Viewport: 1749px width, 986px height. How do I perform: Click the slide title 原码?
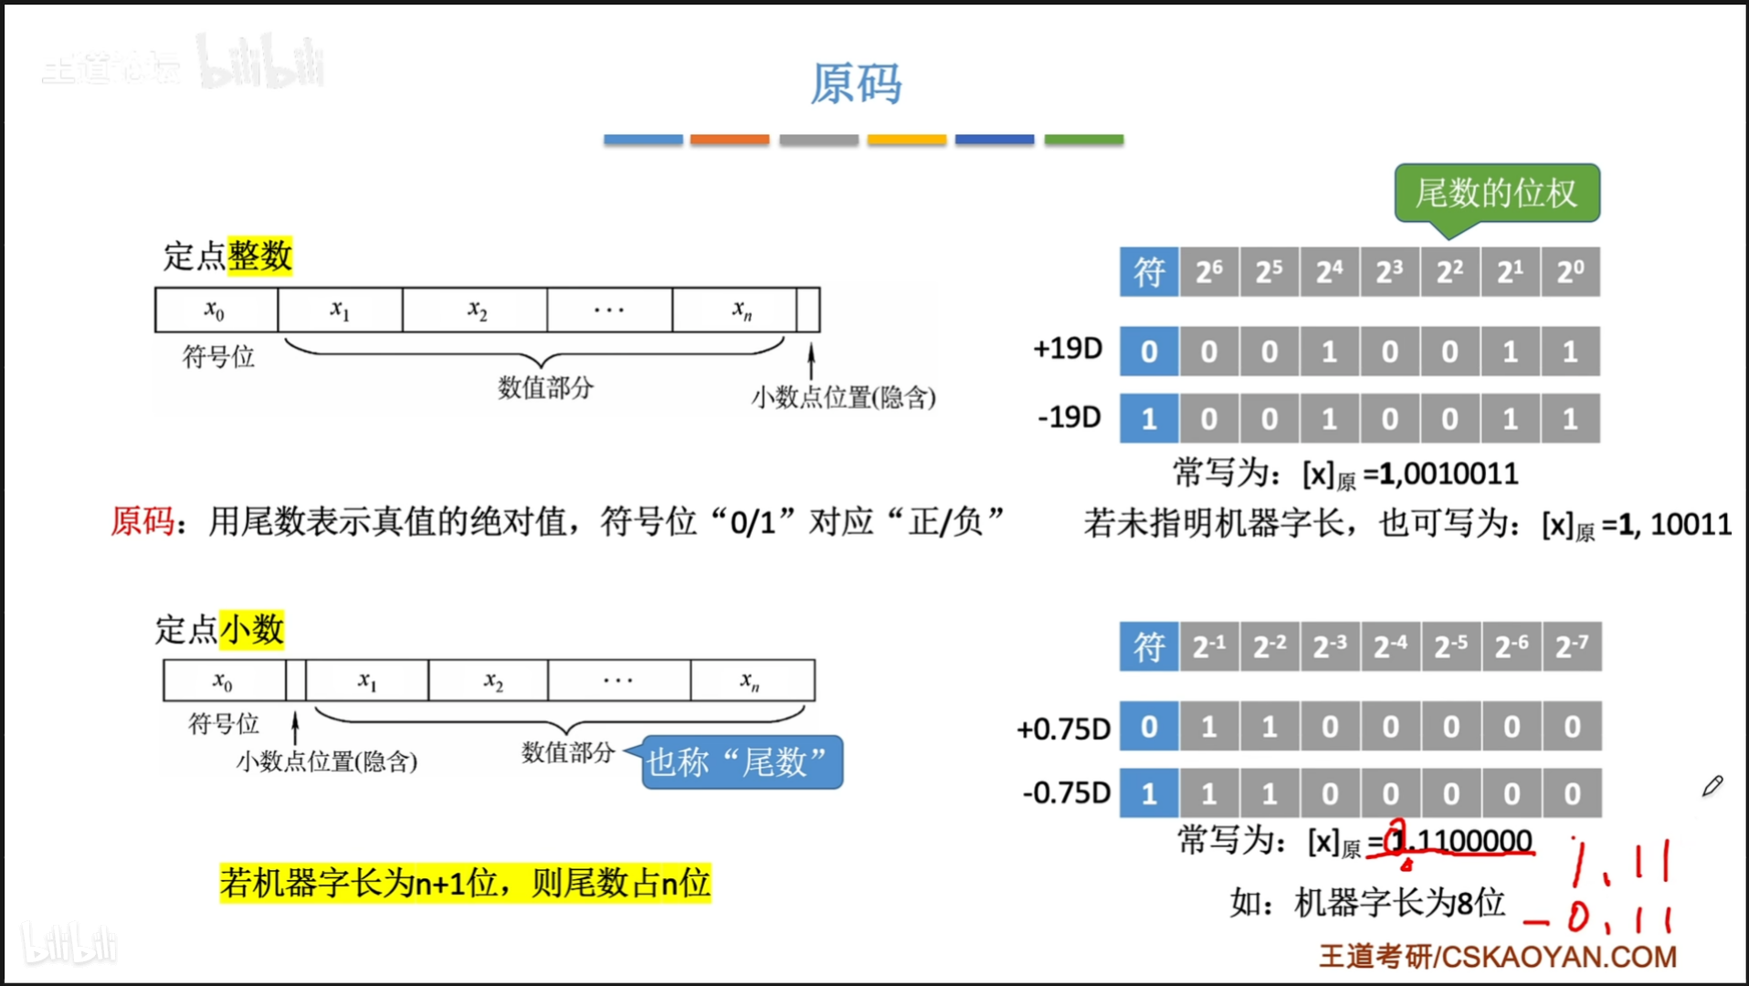(856, 84)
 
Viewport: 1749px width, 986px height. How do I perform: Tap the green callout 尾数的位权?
(1496, 193)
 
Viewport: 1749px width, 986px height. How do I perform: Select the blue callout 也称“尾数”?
(741, 762)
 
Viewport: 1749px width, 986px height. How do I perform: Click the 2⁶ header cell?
(1208, 272)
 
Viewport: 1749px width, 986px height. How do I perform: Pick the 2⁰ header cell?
(1570, 272)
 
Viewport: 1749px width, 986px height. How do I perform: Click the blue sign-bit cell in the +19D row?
(1148, 351)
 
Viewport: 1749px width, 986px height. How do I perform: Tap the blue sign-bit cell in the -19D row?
(1148, 419)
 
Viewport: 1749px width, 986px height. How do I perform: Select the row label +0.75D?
(1063, 729)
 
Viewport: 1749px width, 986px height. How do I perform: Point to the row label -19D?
(1069, 417)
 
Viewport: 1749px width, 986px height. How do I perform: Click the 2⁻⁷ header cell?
(1571, 646)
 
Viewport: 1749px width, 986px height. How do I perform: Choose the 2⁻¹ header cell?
(1208, 646)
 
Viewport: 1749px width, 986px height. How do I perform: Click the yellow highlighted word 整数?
(260, 256)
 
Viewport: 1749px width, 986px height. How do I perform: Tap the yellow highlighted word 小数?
(252, 629)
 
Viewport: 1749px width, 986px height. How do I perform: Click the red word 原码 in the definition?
(142, 521)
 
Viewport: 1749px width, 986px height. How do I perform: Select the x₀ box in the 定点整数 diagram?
(216, 310)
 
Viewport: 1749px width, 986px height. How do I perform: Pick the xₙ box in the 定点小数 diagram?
(751, 681)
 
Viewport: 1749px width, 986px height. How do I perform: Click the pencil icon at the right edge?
(1712, 786)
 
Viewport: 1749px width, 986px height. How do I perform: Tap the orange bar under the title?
(729, 140)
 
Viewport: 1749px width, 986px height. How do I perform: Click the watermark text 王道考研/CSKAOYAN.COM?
(1497, 956)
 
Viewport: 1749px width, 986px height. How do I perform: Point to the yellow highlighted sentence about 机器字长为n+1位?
(465, 883)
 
